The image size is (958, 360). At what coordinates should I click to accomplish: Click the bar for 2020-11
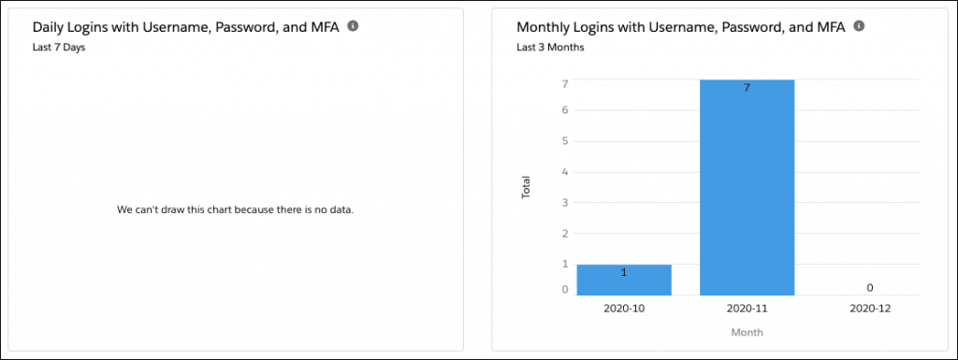[x=747, y=187]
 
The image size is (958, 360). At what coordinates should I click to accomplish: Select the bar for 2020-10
[x=623, y=280]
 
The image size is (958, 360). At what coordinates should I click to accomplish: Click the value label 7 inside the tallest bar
[x=747, y=88]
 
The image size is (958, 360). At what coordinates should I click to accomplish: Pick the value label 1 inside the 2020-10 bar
[x=623, y=273]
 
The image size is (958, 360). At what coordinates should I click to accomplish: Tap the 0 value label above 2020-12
[x=869, y=288]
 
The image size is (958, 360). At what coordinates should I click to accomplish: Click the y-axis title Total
[x=526, y=187]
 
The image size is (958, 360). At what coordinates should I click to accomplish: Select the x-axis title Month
[x=747, y=332]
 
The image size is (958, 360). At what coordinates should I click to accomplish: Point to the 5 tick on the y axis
[x=565, y=141]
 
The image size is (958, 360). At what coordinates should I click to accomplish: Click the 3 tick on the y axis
[x=565, y=202]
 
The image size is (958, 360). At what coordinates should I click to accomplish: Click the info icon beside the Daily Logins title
[x=353, y=26]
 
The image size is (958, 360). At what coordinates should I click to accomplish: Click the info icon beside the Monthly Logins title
[x=859, y=26]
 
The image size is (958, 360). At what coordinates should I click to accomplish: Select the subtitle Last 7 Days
[x=59, y=47]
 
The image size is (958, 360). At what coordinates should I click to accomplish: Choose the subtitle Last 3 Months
[x=550, y=47]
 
